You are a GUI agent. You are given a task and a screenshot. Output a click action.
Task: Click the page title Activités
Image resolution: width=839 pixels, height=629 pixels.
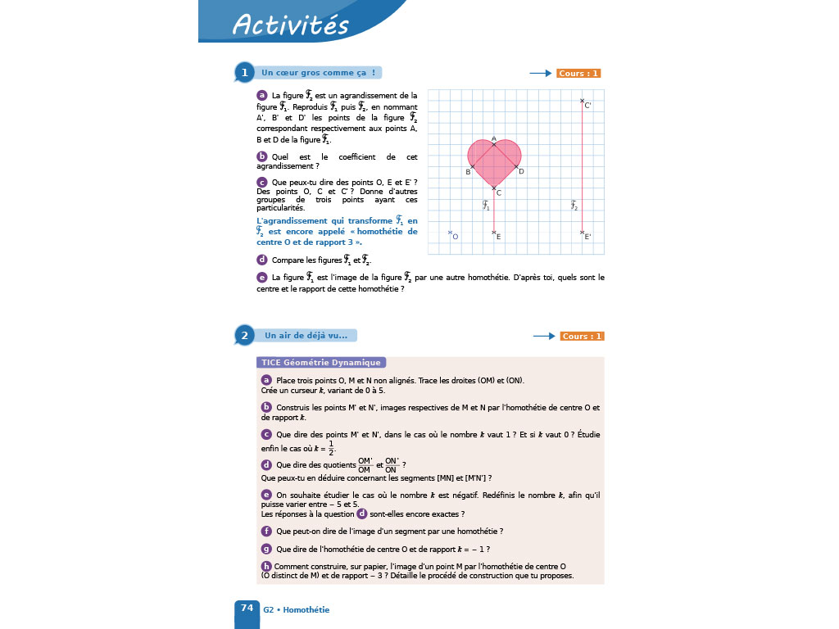click(x=291, y=25)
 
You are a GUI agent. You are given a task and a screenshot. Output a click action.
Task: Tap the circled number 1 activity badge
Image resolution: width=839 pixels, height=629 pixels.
click(x=243, y=73)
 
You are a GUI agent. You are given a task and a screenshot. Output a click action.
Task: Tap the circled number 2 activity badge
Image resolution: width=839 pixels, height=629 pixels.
click(x=243, y=335)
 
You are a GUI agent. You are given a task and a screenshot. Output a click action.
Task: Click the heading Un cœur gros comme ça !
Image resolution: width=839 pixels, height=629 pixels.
click(x=318, y=73)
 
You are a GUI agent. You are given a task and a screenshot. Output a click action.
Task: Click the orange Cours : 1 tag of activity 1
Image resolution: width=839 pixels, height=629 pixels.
click(x=578, y=74)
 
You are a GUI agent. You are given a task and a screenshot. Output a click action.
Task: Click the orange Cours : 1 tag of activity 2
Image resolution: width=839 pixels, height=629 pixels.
click(x=582, y=336)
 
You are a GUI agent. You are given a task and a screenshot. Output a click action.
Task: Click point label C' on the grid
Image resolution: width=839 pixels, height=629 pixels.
click(x=587, y=106)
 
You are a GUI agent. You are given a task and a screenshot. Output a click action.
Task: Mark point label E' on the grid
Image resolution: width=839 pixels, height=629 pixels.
click(x=587, y=237)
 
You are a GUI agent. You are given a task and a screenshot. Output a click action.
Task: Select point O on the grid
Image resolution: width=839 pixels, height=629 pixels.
click(x=451, y=233)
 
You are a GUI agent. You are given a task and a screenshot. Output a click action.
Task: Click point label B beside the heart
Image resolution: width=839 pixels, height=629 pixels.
click(x=468, y=172)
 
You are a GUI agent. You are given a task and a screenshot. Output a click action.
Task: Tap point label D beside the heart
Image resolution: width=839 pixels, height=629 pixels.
click(x=521, y=171)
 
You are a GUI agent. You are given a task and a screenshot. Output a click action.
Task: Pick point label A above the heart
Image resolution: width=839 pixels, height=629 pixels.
click(x=494, y=138)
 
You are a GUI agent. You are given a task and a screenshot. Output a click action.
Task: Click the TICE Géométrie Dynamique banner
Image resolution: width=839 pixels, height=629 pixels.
click(x=321, y=362)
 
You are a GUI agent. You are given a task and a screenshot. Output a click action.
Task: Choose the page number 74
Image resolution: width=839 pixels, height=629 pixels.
click(x=247, y=608)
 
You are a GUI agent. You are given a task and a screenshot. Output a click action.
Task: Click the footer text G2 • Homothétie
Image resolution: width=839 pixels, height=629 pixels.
click(x=296, y=609)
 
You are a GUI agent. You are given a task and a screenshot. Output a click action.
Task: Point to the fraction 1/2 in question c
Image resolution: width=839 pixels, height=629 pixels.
click(x=332, y=446)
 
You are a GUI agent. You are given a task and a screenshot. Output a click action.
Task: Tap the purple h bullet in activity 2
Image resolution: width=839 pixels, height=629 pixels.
click(x=266, y=566)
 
